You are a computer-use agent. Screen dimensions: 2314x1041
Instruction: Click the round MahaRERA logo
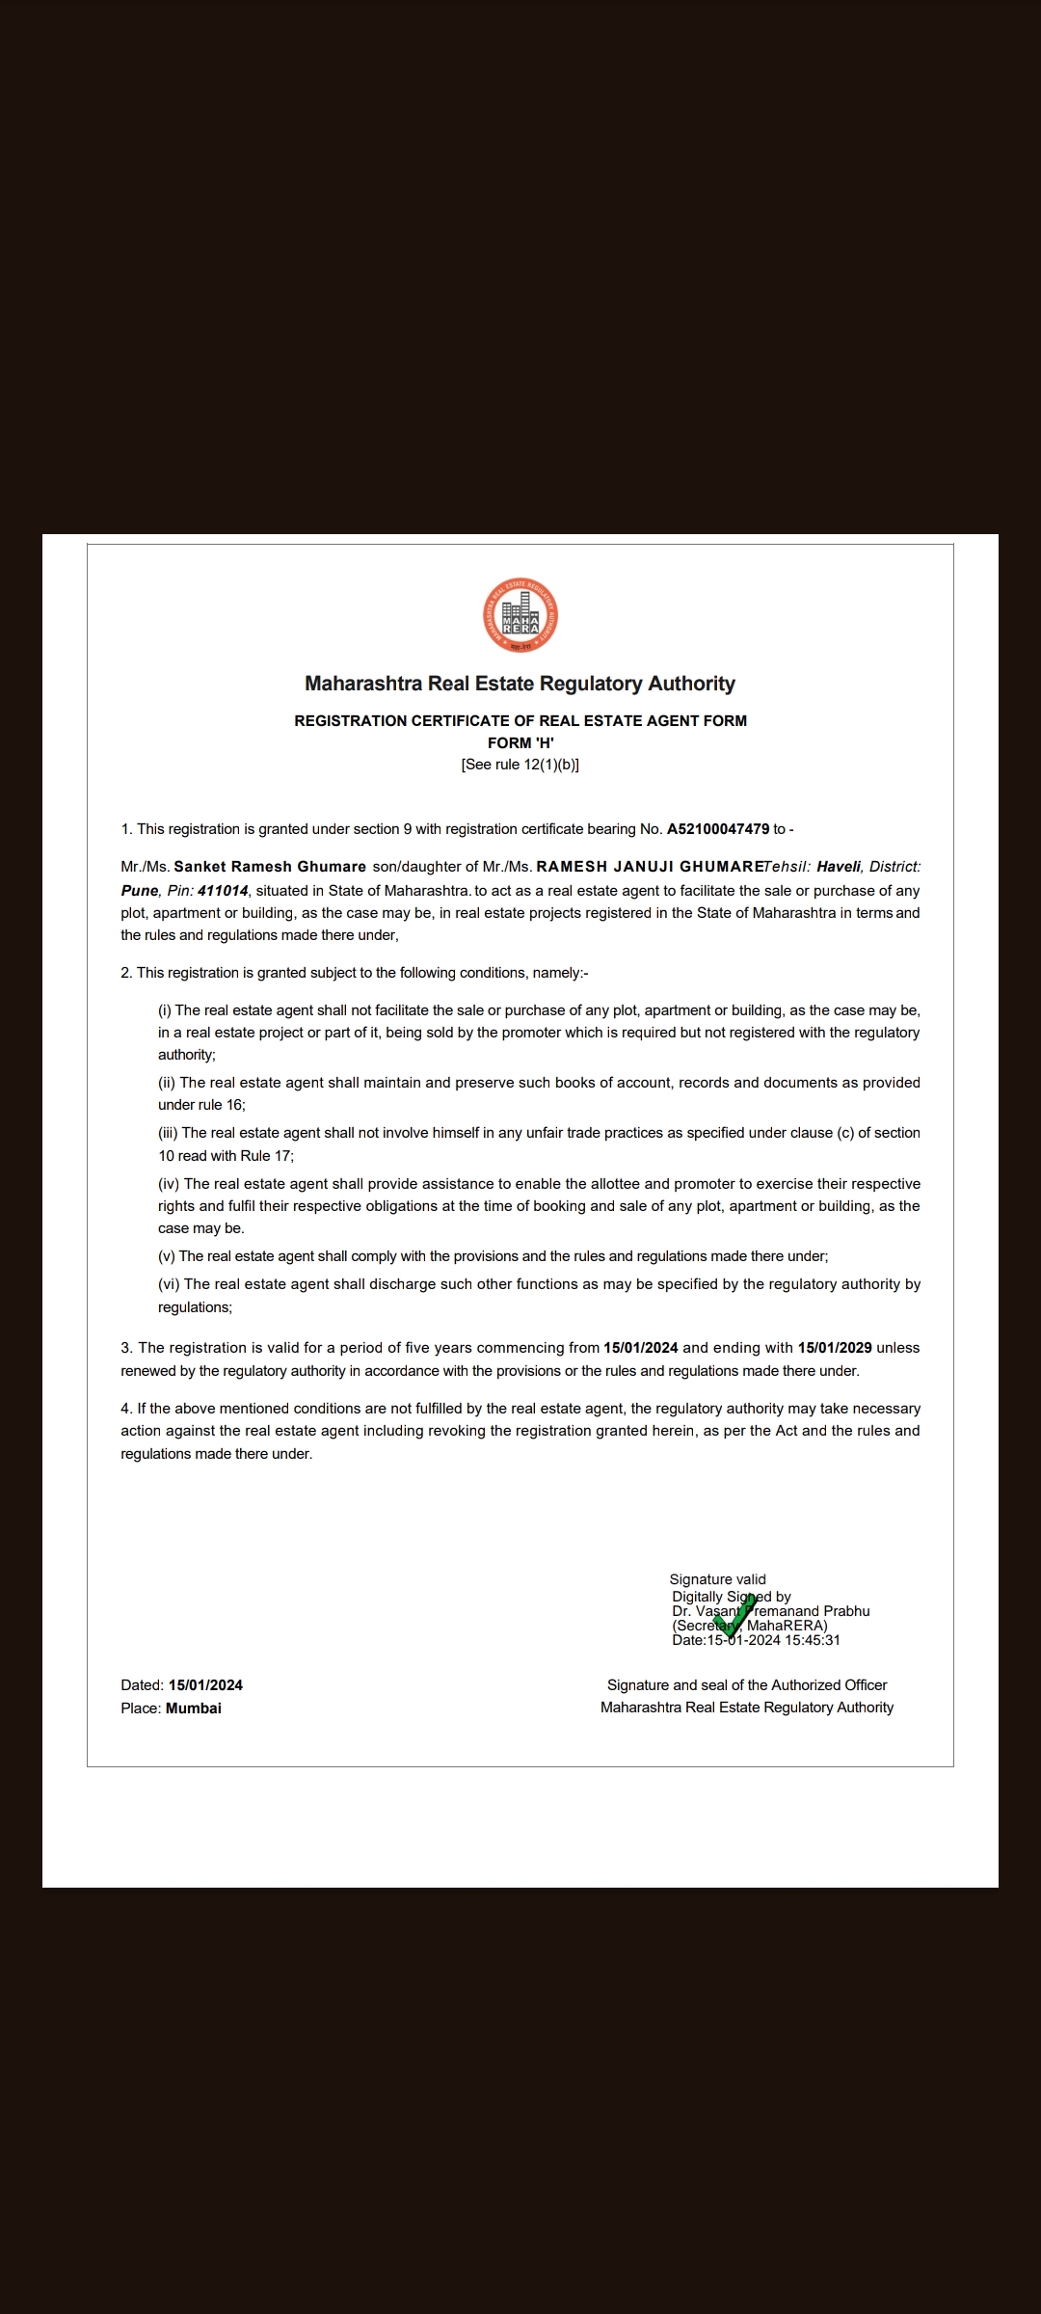(x=520, y=616)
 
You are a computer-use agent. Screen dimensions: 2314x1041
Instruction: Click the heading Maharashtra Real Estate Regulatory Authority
(x=520, y=684)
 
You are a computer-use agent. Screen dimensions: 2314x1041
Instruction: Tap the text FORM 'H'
(x=520, y=742)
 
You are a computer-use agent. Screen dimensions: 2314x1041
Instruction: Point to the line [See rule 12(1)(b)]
(x=520, y=765)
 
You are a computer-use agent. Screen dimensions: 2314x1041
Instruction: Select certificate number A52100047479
(x=718, y=829)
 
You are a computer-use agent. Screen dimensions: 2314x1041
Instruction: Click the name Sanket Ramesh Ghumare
(x=270, y=867)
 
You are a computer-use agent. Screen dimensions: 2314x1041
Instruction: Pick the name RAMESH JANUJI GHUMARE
(x=650, y=867)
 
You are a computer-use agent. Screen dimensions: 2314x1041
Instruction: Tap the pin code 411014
(x=223, y=891)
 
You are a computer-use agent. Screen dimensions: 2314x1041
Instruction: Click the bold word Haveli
(x=838, y=867)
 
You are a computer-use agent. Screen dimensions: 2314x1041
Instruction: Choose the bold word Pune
(x=139, y=891)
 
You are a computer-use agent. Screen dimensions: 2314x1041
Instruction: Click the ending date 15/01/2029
(x=835, y=1348)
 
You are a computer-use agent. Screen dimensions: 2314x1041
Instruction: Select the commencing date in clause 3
(x=641, y=1348)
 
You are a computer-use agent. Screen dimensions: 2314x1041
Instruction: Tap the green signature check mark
(x=734, y=1616)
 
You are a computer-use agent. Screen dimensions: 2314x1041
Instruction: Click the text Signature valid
(x=718, y=1579)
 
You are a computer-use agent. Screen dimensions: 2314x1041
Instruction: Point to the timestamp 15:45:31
(x=813, y=1640)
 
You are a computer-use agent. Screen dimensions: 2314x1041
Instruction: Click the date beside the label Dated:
(x=205, y=1685)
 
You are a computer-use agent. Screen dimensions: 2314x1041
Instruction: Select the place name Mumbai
(x=194, y=1708)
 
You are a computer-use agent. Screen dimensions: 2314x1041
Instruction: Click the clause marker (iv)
(x=170, y=1184)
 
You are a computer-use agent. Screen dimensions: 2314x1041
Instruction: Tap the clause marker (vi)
(x=170, y=1284)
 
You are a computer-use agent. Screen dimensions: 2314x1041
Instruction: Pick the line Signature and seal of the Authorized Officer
(x=747, y=1685)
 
